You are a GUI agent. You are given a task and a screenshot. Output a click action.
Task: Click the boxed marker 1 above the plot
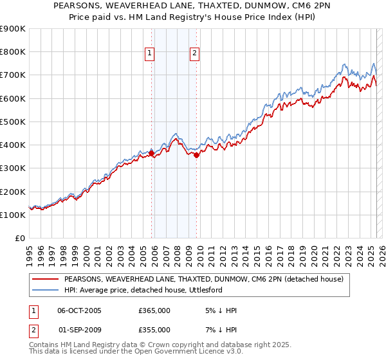149,55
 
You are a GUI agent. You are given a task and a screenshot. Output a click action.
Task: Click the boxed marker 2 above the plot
194,55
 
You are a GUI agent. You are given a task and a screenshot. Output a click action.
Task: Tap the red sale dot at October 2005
152,153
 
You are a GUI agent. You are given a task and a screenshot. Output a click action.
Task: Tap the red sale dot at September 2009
196,155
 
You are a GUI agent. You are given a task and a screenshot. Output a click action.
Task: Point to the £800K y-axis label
13,52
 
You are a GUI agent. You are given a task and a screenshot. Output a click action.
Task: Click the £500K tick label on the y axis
13,122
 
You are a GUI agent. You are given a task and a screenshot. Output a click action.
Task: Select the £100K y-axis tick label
13,215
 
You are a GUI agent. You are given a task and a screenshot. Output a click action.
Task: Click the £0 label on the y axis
20,239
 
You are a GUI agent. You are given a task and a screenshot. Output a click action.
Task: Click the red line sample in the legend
46,279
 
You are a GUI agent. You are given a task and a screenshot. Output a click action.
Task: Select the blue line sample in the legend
46,290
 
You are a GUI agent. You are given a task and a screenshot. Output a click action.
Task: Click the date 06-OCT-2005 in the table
80,310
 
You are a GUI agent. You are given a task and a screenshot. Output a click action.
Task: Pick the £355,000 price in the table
154,330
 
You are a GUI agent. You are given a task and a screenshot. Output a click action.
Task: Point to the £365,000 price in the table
154,310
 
